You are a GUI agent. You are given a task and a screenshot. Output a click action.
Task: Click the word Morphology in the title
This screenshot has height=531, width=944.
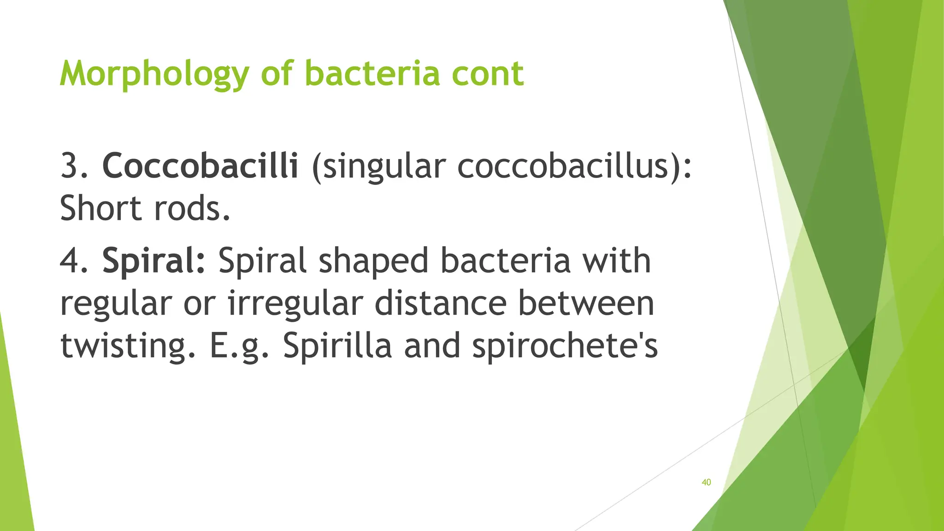point(154,74)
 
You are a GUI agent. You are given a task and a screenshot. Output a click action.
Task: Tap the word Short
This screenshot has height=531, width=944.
point(100,208)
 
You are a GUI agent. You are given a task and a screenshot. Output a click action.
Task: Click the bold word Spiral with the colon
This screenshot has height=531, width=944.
point(154,261)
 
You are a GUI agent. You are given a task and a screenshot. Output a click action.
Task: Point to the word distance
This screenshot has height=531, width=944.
point(440,303)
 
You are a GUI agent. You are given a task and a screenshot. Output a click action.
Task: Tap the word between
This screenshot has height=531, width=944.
point(585,303)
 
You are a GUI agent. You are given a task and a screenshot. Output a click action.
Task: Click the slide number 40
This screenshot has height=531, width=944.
point(706,482)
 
